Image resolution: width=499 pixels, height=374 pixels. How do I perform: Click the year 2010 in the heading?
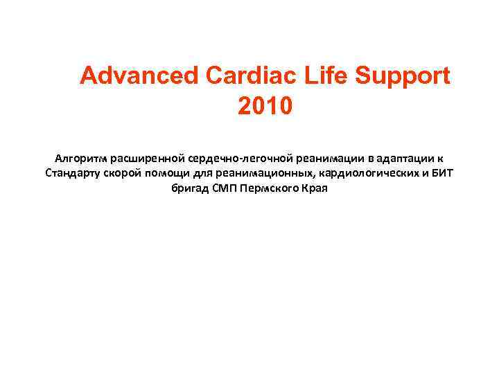click(x=265, y=107)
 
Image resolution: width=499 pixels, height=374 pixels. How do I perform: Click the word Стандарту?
click(x=72, y=172)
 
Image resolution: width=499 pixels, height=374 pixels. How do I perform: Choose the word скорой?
click(x=123, y=172)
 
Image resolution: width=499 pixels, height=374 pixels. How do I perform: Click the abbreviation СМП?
click(x=222, y=188)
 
